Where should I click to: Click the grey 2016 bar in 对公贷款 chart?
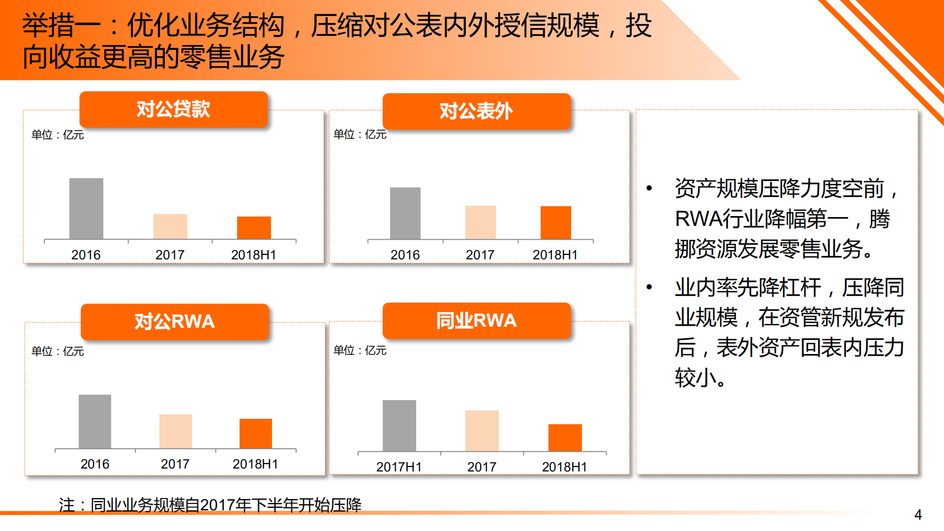click(86, 209)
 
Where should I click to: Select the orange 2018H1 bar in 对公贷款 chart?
click(254, 228)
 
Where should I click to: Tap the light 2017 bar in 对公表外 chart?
click(480, 222)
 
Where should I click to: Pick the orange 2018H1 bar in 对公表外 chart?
click(555, 222)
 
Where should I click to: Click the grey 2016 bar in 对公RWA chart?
click(95, 421)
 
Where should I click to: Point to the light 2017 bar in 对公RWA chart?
click(175, 431)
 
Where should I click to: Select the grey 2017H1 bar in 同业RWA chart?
click(399, 426)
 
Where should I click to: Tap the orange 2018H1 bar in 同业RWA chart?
click(565, 437)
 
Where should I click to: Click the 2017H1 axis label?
click(399, 467)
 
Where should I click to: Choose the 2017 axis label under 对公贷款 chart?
click(170, 255)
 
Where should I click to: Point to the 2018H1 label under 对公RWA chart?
click(255, 464)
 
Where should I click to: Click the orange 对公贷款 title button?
click(173, 109)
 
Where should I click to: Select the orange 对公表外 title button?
click(476, 111)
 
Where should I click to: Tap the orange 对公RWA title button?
click(175, 321)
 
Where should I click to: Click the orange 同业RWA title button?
click(476, 320)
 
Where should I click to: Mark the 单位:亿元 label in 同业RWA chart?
click(360, 350)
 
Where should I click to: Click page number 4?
click(918, 515)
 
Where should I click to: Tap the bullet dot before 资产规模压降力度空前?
click(649, 188)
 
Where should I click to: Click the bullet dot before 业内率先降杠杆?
click(649, 287)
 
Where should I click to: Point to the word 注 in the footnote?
click(67, 505)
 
